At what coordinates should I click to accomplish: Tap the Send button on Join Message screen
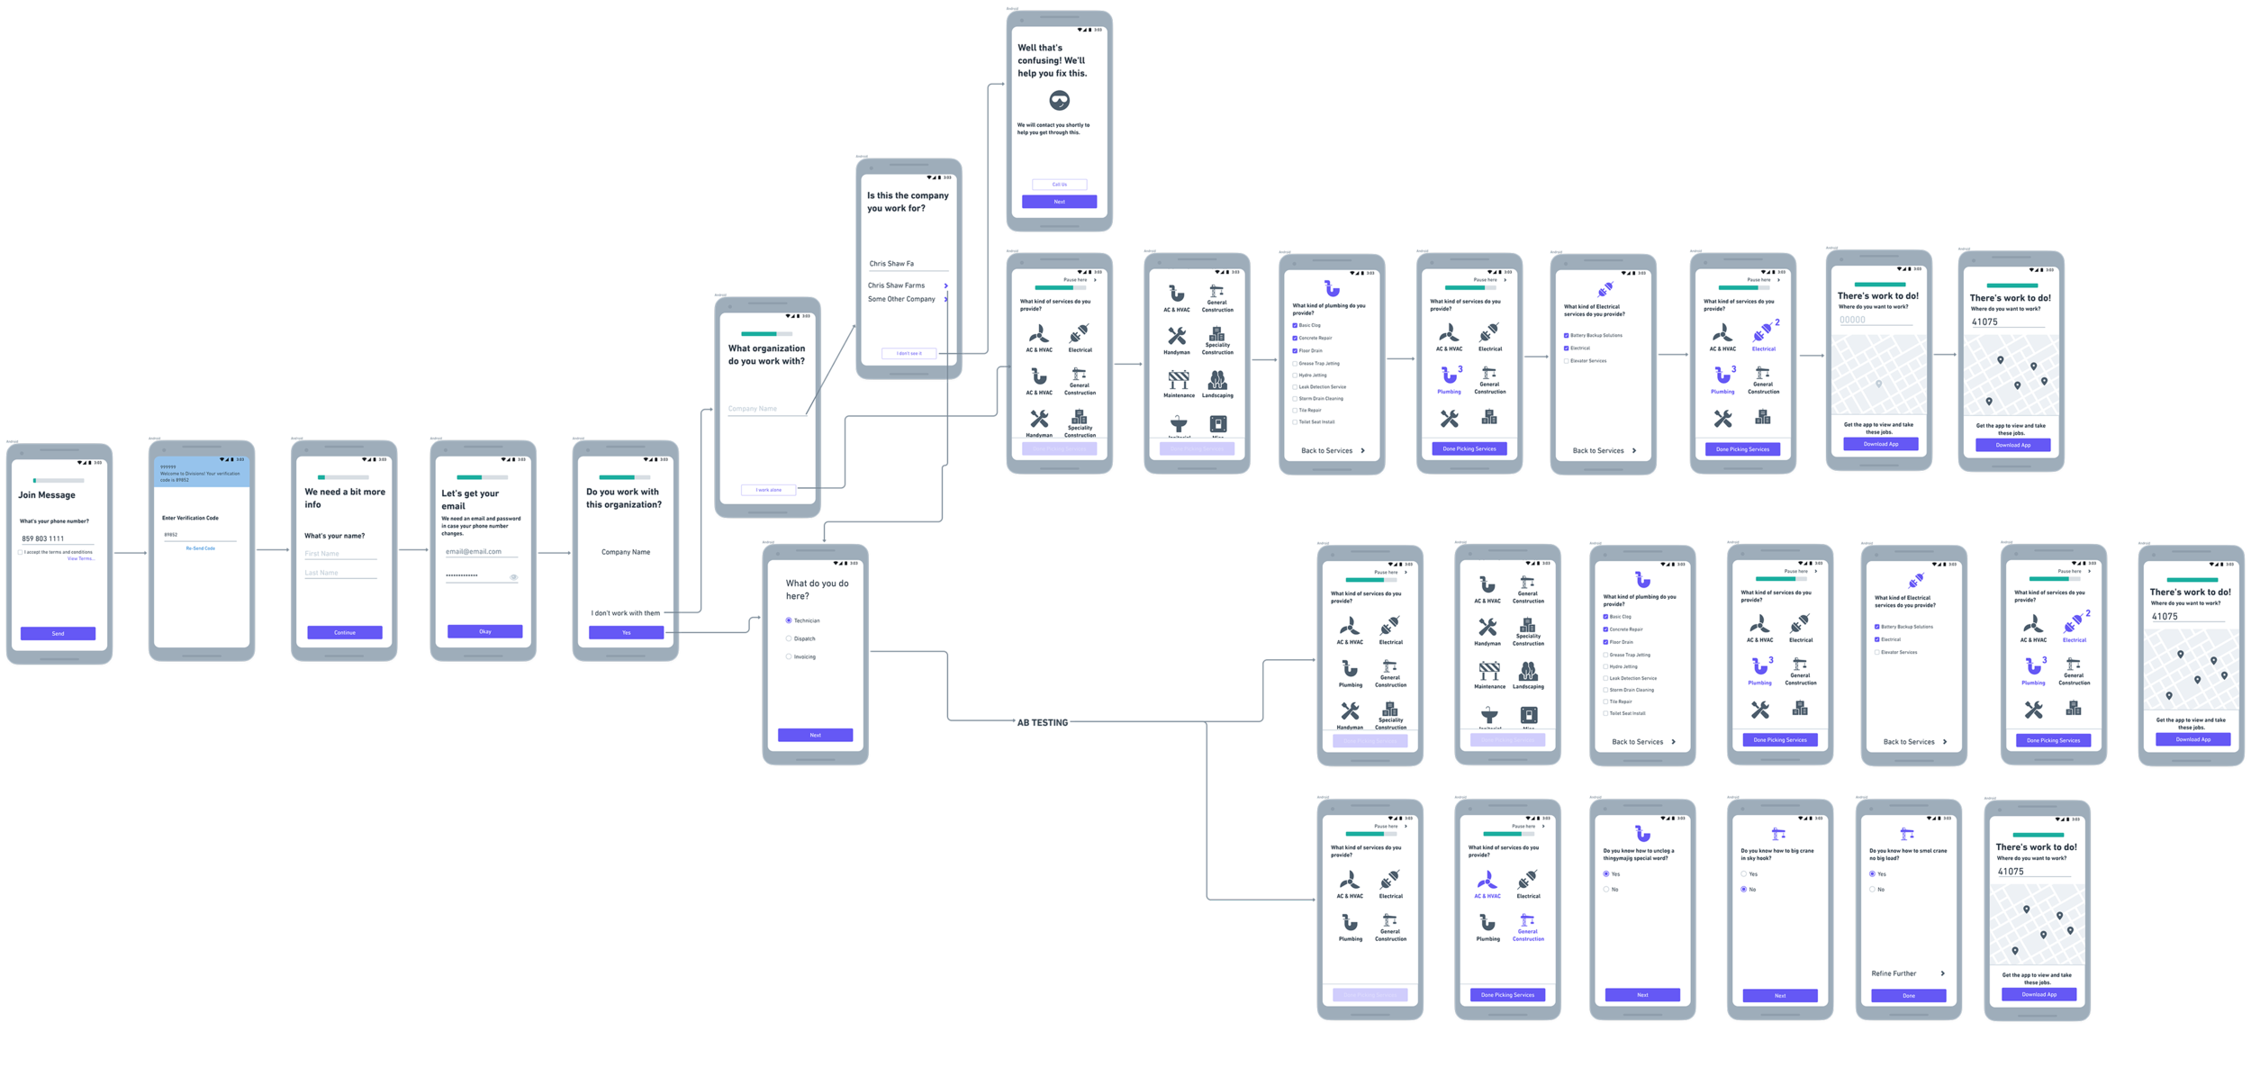58,633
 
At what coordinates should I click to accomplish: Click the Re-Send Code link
201,548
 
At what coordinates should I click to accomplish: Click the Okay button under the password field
484,631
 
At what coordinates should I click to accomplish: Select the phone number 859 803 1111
43,538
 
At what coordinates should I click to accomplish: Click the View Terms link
80,558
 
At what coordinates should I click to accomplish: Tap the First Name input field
340,554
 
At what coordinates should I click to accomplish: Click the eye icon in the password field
514,577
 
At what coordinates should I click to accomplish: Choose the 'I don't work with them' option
625,613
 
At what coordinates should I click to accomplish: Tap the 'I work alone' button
768,490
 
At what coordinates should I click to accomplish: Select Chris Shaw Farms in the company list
896,285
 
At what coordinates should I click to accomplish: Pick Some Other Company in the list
901,299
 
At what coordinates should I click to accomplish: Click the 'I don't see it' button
909,353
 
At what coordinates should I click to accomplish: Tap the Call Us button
1059,185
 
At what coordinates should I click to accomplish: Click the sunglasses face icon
1060,100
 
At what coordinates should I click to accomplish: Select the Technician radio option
789,620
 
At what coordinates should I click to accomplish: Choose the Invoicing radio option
789,656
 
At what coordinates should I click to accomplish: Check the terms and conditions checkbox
21,552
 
